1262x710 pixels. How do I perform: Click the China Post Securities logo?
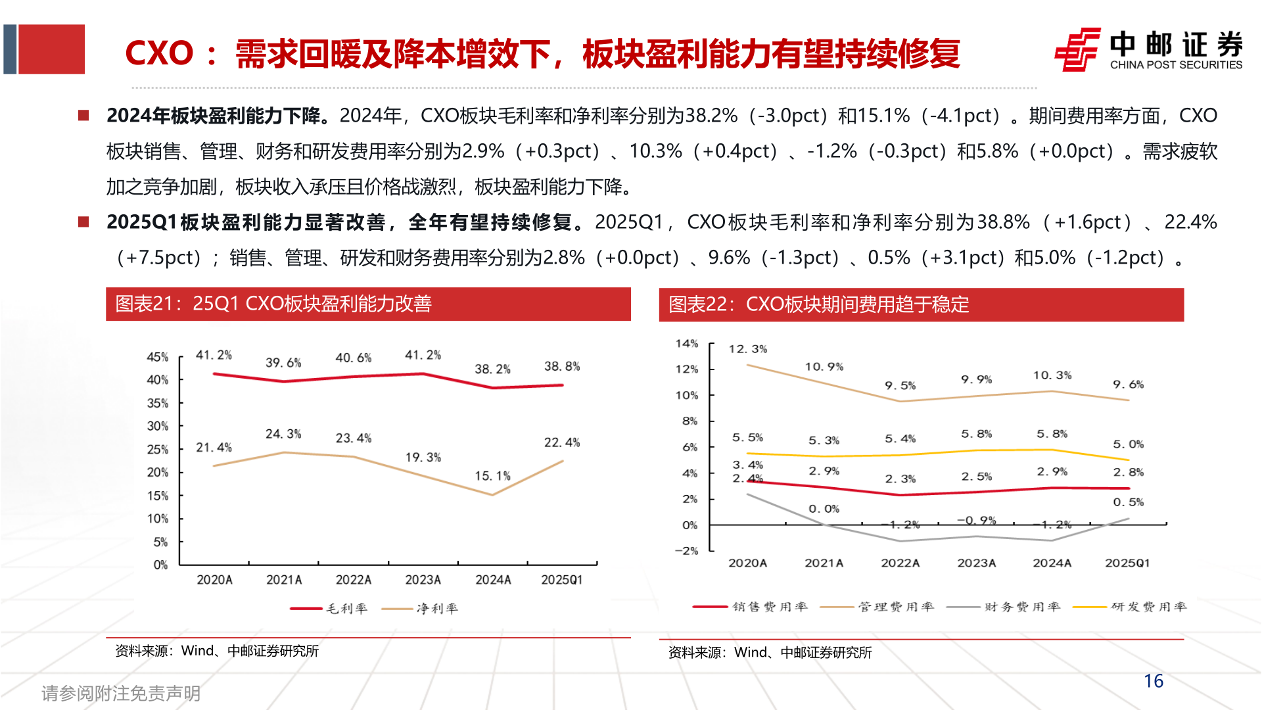click(1148, 49)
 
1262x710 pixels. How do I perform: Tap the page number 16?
click(1153, 681)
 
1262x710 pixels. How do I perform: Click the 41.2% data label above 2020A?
click(214, 355)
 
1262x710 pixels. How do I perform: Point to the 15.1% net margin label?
click(492, 476)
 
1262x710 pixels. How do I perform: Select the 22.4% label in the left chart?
click(561, 442)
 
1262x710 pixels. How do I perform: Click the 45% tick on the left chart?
click(157, 357)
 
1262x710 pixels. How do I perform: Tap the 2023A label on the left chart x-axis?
click(423, 580)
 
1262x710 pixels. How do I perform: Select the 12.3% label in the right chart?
click(747, 349)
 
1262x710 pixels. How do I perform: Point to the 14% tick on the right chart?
click(686, 343)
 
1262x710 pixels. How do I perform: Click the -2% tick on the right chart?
click(686, 551)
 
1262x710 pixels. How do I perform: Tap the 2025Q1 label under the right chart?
click(1127, 563)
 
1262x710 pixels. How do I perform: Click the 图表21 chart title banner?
click(368, 304)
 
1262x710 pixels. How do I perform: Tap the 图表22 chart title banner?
click(921, 304)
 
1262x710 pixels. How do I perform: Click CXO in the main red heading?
click(159, 53)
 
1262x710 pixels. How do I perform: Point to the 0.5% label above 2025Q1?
click(1128, 502)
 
